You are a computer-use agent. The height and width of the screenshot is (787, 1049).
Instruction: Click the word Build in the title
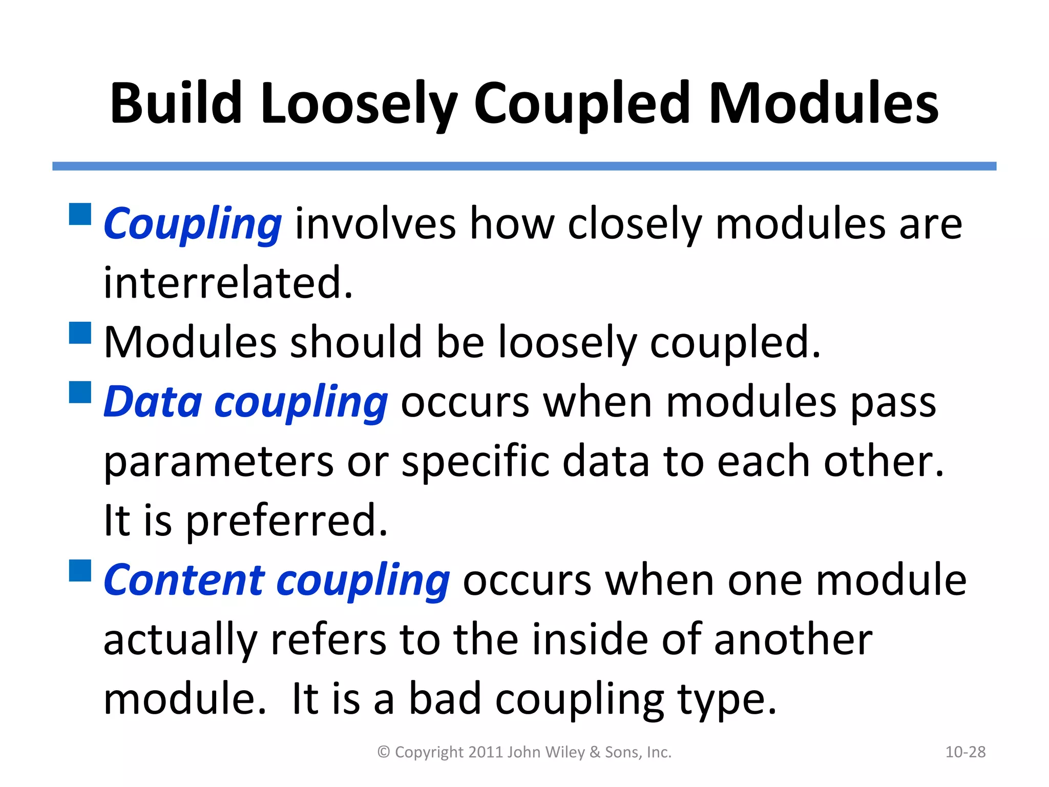[176, 103]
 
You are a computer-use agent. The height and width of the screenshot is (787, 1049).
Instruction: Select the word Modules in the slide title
[824, 103]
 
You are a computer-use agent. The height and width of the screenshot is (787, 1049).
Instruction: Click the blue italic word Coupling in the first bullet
[193, 224]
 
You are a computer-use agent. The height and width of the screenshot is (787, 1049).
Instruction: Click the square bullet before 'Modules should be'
[80, 333]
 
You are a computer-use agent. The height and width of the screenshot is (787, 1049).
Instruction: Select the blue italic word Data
[153, 402]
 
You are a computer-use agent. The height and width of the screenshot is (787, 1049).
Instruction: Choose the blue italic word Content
[184, 580]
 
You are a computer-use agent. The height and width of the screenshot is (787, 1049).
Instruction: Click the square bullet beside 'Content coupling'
[80, 570]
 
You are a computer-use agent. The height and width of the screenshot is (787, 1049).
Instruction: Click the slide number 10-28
[965, 752]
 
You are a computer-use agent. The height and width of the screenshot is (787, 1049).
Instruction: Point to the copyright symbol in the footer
[384, 752]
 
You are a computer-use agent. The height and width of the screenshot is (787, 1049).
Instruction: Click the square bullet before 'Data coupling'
[80, 392]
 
